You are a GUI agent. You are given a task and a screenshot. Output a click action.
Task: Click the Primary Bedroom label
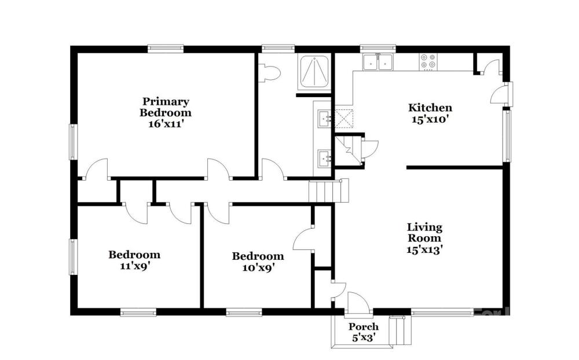click(166, 106)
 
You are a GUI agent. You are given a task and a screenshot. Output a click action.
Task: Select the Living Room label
click(424, 232)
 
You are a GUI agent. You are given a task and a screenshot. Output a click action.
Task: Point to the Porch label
click(364, 327)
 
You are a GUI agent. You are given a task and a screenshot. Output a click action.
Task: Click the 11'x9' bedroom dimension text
click(134, 266)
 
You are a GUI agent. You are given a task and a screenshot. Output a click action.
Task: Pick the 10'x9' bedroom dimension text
click(258, 267)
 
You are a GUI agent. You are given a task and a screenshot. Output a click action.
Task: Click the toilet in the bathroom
click(269, 72)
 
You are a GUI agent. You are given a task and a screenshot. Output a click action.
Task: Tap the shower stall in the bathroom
click(314, 72)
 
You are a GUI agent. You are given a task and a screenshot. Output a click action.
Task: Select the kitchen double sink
click(378, 62)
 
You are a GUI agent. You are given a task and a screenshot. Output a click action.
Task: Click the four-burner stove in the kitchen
click(428, 62)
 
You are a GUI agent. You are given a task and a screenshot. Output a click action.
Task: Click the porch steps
click(400, 330)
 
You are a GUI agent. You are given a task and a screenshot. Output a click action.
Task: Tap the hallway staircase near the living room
click(329, 190)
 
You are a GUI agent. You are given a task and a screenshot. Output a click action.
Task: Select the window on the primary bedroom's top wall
click(166, 49)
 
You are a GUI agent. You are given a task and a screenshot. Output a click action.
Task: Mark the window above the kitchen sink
click(378, 49)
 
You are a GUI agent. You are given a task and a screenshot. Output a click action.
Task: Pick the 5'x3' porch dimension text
click(364, 337)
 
